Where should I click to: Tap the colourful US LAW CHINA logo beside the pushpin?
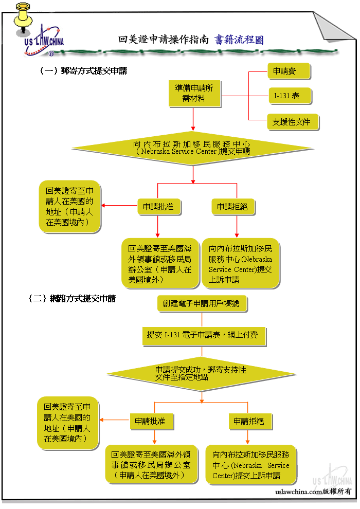pos(44,41)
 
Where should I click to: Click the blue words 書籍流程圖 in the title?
pos(239,40)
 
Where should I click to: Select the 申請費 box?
pos(289,71)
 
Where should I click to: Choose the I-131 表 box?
pos(290,96)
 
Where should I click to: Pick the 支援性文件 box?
pos(293,122)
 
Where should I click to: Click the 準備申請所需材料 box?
pos(194,94)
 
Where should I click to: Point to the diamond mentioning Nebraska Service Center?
pos(193,148)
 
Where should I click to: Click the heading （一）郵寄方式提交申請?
pos(83,70)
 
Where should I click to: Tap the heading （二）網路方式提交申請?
pos(72,298)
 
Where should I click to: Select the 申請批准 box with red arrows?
pos(159,207)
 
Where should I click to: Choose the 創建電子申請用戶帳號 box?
pos(202,303)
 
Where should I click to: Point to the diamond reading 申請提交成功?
pos(201,374)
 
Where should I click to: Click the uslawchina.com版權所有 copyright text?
pos(313,492)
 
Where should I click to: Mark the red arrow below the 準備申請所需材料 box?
pos(193,119)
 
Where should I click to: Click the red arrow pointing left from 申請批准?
pos(119,206)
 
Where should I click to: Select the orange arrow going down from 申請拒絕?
pos(248,437)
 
